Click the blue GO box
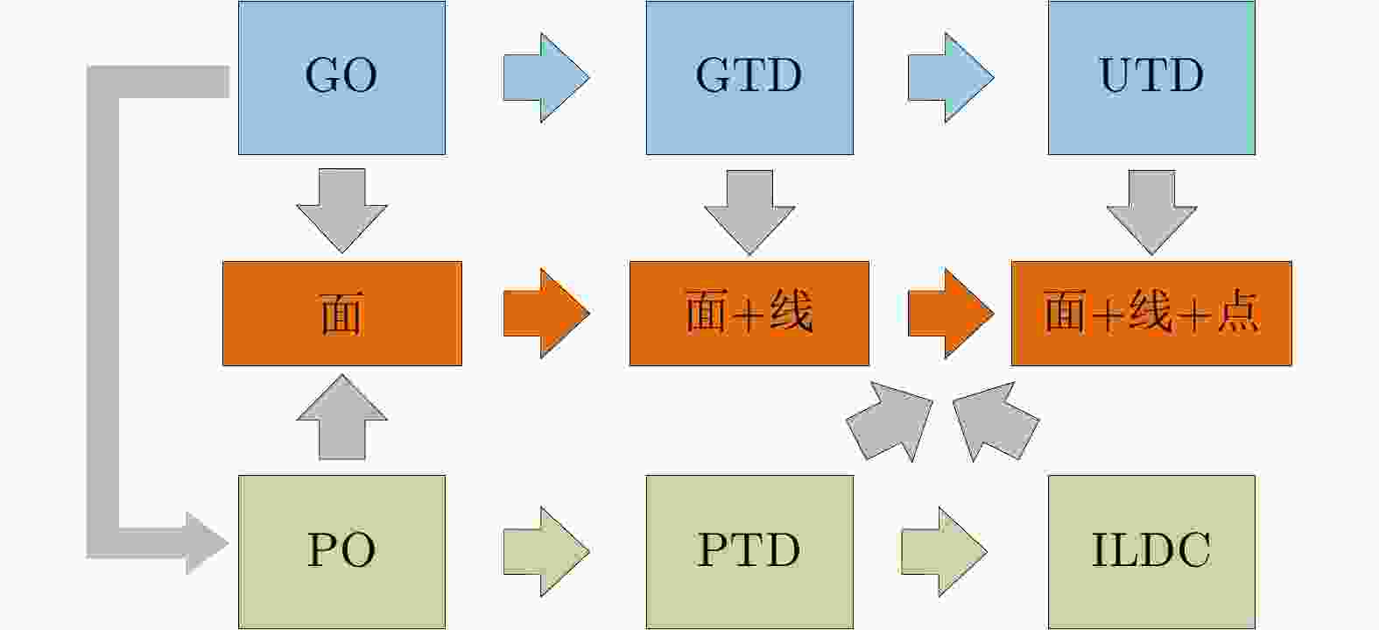tap(341, 77)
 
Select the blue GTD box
tap(749, 77)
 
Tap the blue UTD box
tap(1151, 77)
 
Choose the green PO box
tap(341, 551)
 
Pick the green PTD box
tap(749, 551)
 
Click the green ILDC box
tap(1151, 551)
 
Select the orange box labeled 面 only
tap(341, 314)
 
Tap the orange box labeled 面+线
tap(749, 314)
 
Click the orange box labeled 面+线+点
tap(1151, 314)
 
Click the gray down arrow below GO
tap(341, 210)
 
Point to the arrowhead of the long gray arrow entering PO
tap(207, 543)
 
